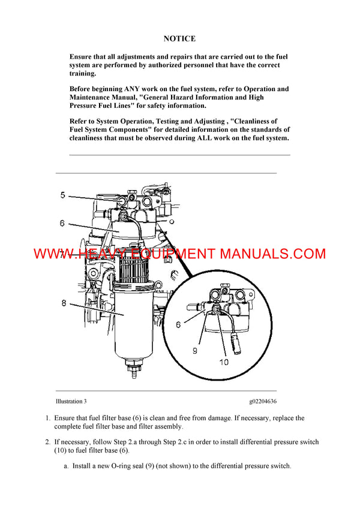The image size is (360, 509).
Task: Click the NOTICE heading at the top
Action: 179,39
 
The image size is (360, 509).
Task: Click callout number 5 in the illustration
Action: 62,195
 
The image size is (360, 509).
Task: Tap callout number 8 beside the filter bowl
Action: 64,303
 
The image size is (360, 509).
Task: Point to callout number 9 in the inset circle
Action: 195,351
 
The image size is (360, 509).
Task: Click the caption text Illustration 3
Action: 75,401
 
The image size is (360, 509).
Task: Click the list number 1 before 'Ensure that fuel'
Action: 47,418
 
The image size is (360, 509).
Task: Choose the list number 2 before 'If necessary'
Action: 47,442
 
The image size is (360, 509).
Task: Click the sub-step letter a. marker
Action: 66,465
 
